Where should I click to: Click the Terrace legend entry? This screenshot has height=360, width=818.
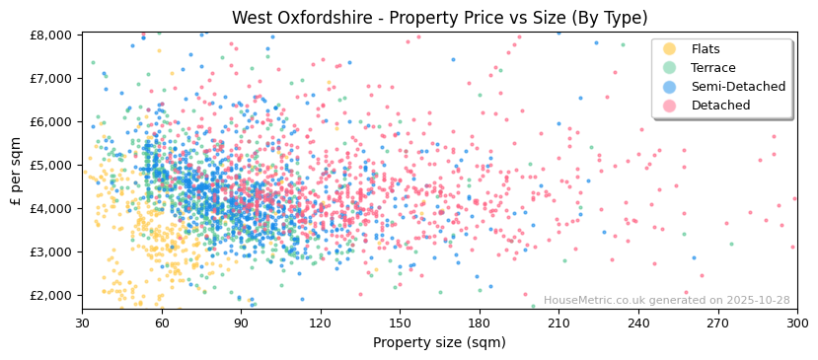(x=714, y=68)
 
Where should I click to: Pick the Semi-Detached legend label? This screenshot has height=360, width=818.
(x=738, y=87)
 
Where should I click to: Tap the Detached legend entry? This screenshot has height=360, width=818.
(x=720, y=106)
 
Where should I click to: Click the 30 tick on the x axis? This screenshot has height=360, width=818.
(x=82, y=323)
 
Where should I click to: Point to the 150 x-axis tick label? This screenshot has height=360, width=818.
(x=400, y=323)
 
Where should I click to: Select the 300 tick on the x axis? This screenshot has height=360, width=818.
(x=796, y=323)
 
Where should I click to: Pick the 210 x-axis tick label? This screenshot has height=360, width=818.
(x=558, y=323)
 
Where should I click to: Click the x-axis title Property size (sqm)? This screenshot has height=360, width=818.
(x=439, y=342)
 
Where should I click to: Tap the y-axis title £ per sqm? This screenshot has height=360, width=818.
(x=17, y=171)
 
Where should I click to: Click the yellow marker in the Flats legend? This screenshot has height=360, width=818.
(x=670, y=49)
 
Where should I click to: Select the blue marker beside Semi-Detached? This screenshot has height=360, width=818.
(x=670, y=87)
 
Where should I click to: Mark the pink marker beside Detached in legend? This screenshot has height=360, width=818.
(x=670, y=106)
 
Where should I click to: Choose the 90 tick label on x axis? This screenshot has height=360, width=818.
(x=241, y=323)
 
